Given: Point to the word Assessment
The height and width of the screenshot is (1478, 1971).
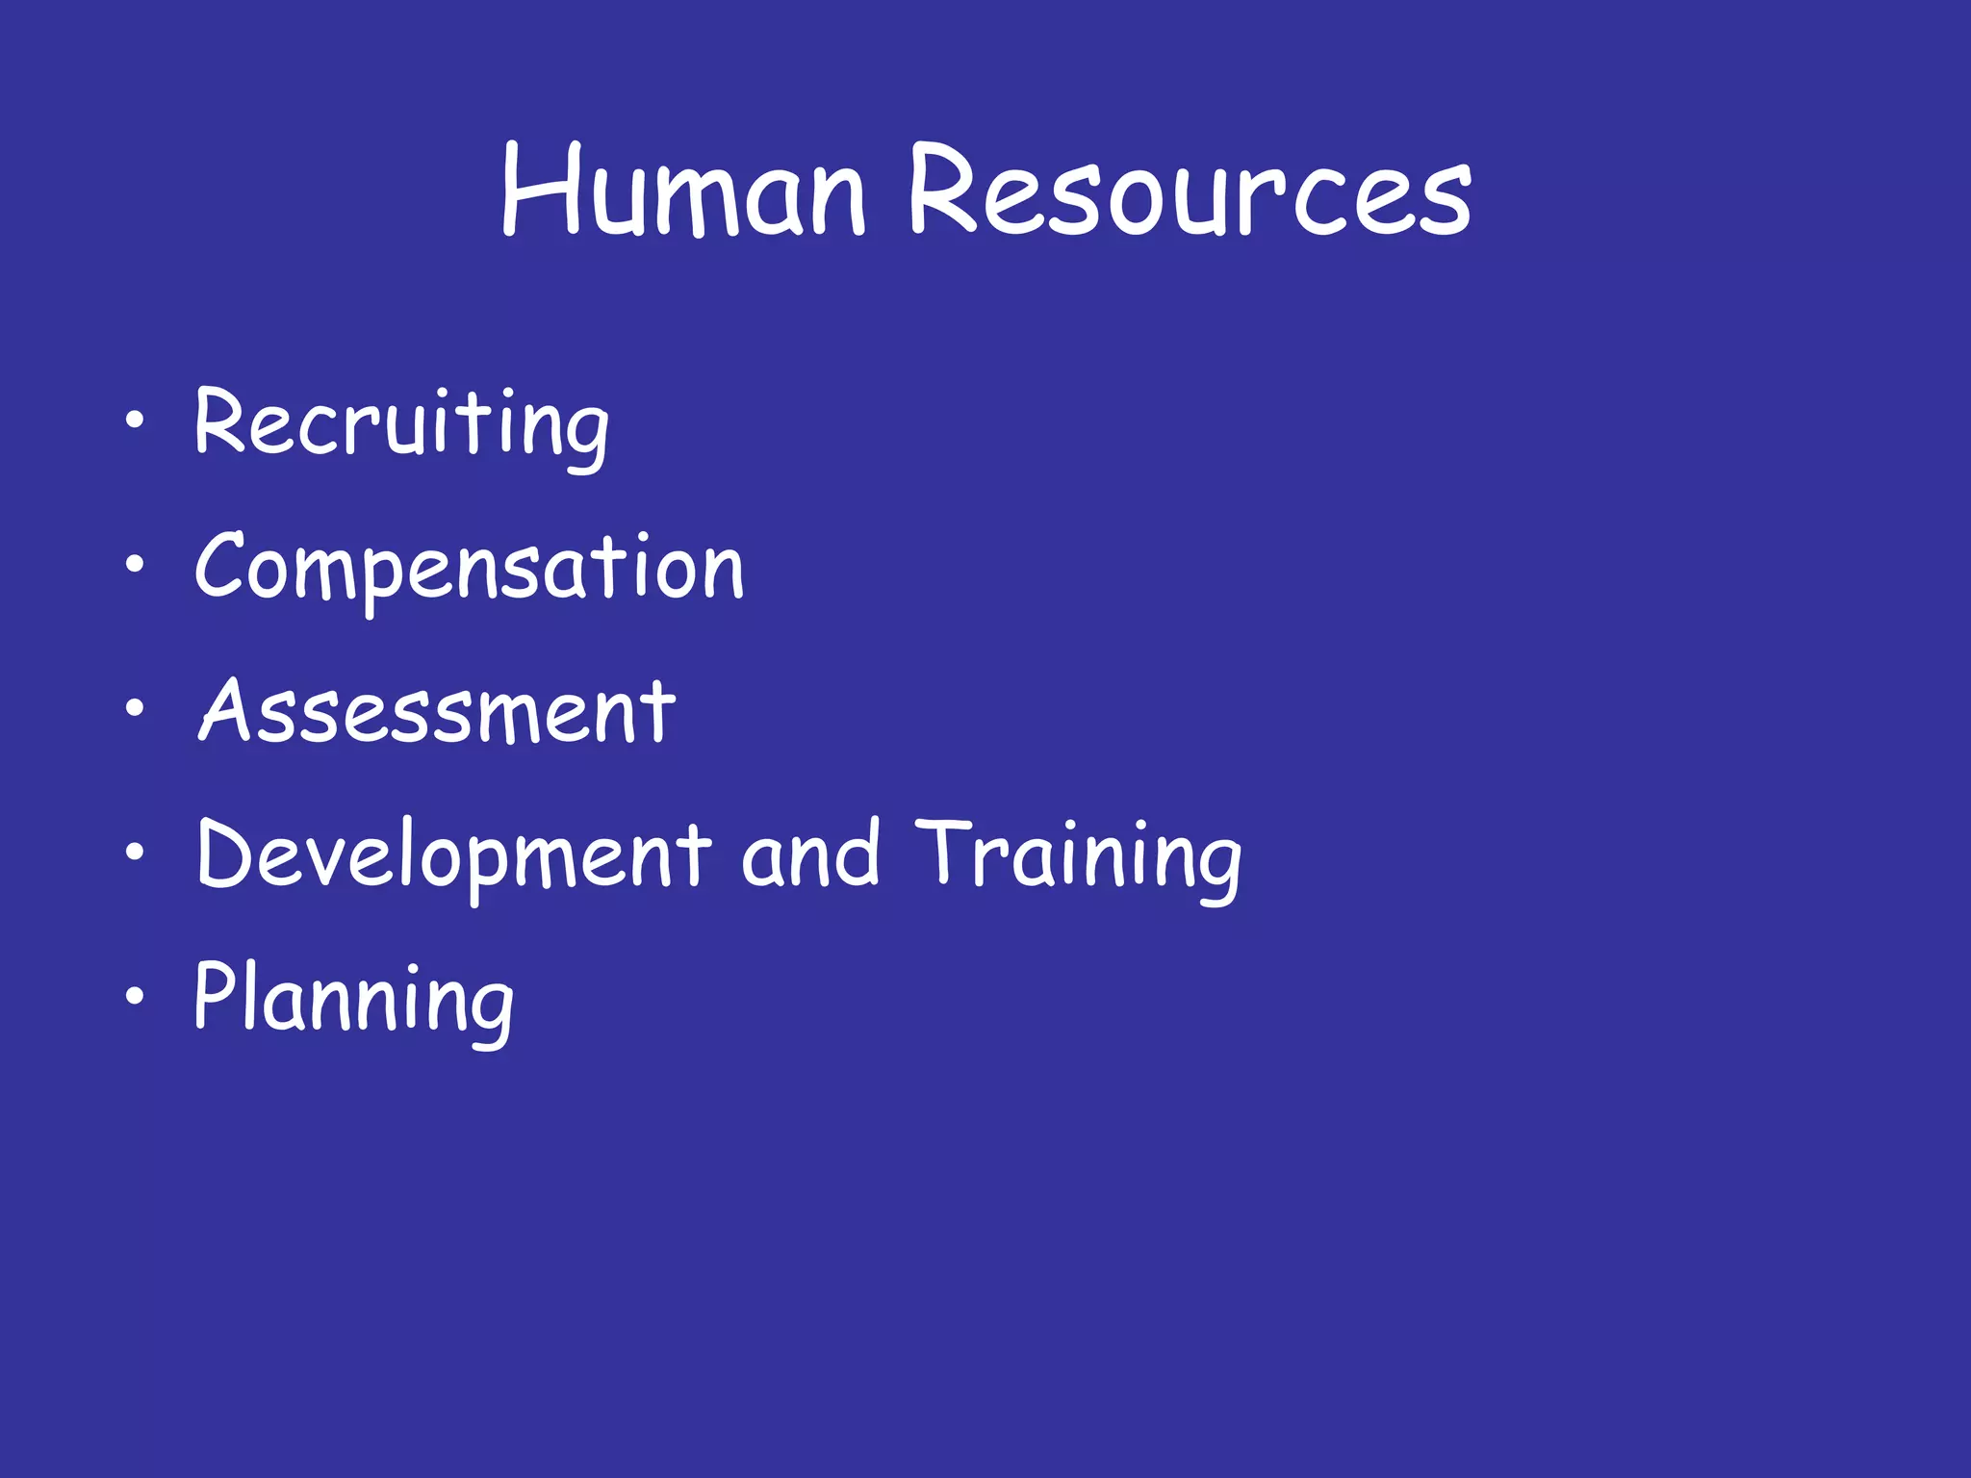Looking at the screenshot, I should [x=437, y=712].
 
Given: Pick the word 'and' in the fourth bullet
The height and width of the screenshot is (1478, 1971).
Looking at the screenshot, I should [x=810, y=854].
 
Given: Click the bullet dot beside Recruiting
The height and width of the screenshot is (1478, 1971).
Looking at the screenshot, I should [x=135, y=420].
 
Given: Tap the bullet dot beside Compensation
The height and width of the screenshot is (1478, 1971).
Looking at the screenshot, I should [x=135, y=564].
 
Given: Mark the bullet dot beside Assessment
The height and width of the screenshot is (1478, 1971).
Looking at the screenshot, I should [x=135, y=708].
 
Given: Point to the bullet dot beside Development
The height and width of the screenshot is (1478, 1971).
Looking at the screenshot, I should [x=135, y=852].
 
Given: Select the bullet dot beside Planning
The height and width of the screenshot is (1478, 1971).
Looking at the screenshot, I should [x=135, y=996].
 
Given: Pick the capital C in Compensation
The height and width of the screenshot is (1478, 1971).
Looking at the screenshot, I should [x=223, y=566].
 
